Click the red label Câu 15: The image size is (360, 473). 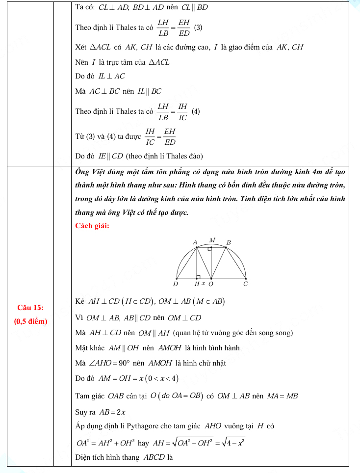point(30,308)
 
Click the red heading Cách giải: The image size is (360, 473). point(92,226)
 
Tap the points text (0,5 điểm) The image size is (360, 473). point(30,321)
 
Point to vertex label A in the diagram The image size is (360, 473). point(195,242)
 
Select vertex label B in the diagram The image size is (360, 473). point(229,242)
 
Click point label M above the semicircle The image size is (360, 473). point(212,240)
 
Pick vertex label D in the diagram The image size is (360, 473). point(176,284)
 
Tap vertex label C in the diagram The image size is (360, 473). point(246,284)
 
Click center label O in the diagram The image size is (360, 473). point(211,284)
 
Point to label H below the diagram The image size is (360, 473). point(197,284)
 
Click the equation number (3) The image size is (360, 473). point(198,27)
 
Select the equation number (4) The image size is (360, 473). point(196,111)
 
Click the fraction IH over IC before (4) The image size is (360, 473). point(183,111)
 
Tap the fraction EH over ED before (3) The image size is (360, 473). point(184,27)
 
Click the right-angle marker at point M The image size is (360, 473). point(209,249)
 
